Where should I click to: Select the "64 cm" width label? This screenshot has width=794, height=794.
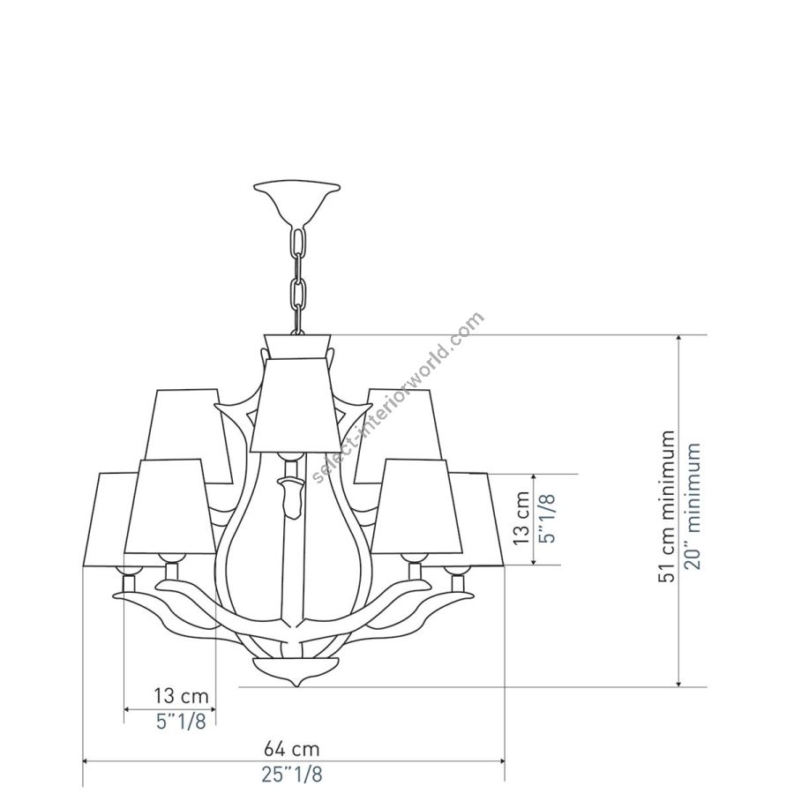[x=292, y=748]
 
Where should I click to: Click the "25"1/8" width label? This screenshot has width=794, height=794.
[x=292, y=775]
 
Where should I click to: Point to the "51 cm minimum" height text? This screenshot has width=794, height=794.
[x=668, y=507]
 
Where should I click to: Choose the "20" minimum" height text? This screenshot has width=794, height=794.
[x=693, y=506]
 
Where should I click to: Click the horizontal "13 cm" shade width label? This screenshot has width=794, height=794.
[x=181, y=696]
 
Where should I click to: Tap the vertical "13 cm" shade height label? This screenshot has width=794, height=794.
[x=521, y=518]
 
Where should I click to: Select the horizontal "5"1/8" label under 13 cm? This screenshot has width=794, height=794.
[x=181, y=721]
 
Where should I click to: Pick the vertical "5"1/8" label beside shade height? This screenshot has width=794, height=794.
[x=549, y=518]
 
